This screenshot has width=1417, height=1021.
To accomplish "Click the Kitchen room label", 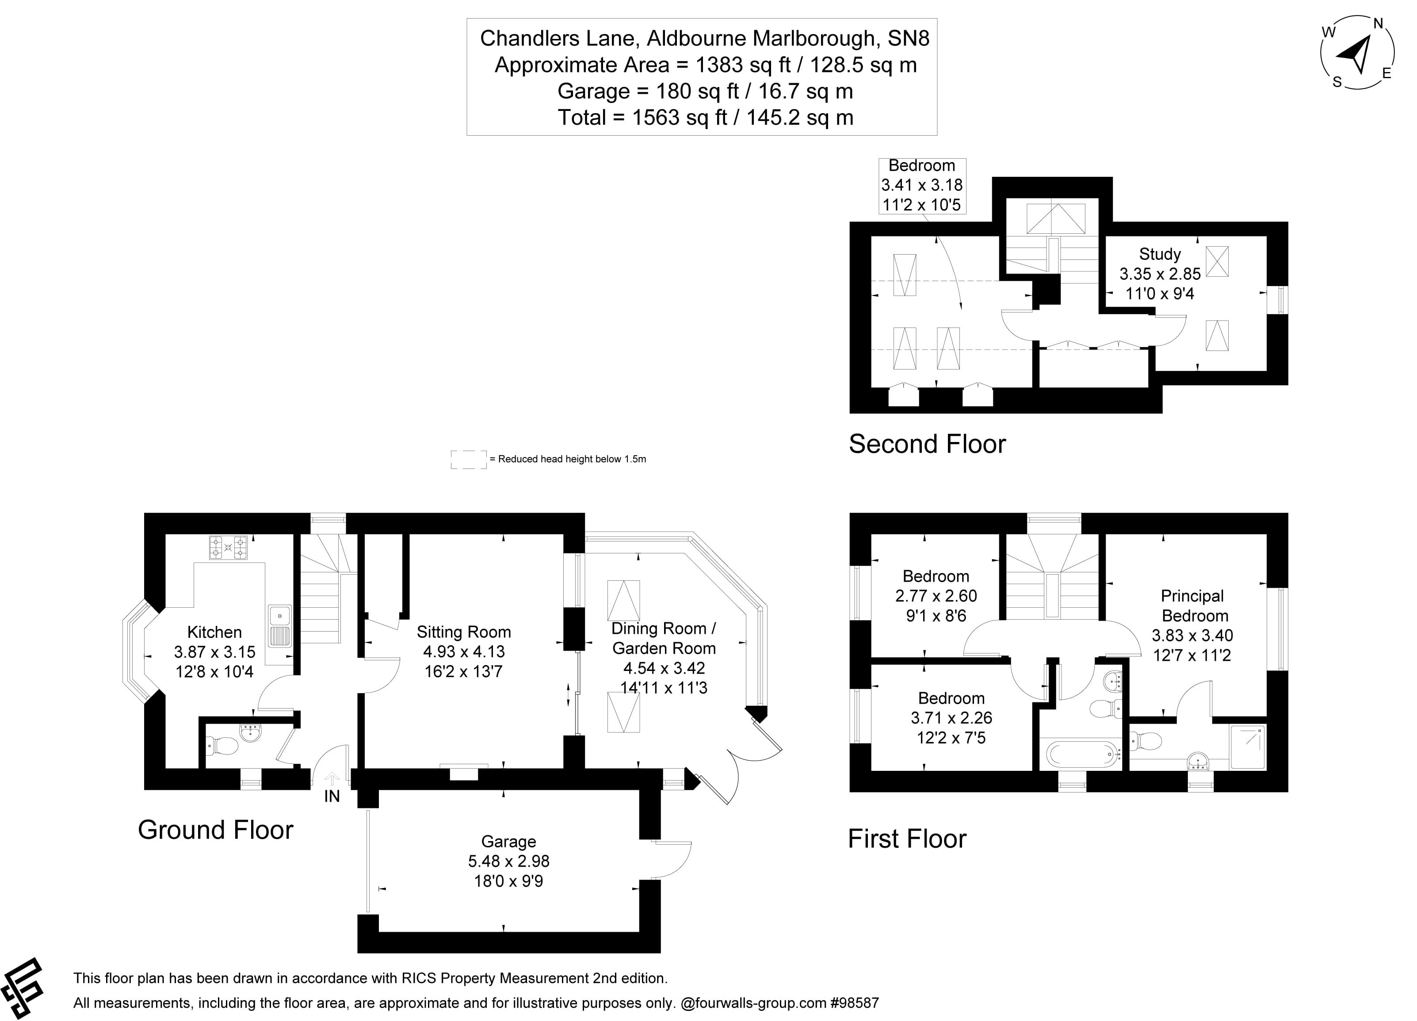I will tap(214, 632).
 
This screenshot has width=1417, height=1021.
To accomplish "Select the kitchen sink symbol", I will tap(279, 625).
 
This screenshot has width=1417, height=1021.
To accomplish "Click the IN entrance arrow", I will tap(332, 779).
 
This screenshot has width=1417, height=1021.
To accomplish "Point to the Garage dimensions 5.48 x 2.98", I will tap(508, 861).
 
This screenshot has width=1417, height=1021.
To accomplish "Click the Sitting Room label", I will tap(464, 632).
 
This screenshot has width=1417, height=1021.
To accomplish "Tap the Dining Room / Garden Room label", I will tap(664, 638).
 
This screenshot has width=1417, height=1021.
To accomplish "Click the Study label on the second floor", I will tap(1160, 254).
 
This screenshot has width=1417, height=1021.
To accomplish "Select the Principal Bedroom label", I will tap(1192, 606).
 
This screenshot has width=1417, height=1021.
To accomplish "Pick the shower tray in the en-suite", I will tap(1248, 746).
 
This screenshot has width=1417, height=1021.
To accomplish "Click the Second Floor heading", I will tap(927, 444).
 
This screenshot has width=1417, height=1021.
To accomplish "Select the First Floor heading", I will tap(906, 838).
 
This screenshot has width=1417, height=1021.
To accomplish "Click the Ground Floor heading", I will tap(216, 830).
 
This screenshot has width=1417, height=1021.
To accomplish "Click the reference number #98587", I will tap(854, 1003).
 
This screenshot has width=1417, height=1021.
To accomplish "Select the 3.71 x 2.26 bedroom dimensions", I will tap(951, 718).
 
